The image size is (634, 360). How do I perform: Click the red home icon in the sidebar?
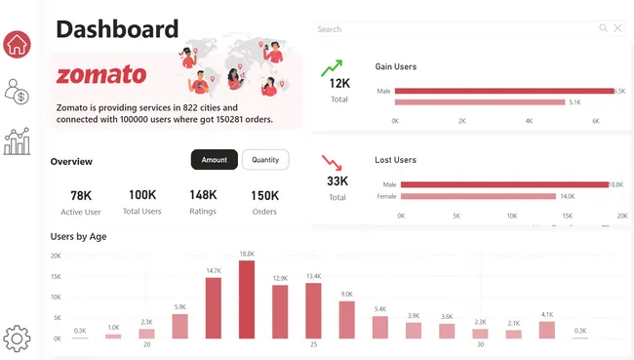point(18,44)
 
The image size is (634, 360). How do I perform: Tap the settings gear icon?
point(17,338)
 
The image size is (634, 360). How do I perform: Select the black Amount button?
point(214,160)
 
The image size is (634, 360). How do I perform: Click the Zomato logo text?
point(101,75)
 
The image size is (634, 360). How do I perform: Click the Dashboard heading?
point(117,29)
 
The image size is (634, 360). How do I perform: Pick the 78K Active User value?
point(81,195)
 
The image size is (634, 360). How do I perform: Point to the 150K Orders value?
point(264,195)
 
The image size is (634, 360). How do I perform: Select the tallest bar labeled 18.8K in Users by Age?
point(247,300)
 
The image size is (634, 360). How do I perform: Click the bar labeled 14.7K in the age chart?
point(214,307)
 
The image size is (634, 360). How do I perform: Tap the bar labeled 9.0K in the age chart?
point(346,319)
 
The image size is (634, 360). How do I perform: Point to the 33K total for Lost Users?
point(337,181)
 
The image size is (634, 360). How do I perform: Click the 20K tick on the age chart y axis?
point(56,256)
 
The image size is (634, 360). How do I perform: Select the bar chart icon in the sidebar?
point(17,141)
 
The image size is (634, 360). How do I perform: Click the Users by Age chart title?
point(79,236)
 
